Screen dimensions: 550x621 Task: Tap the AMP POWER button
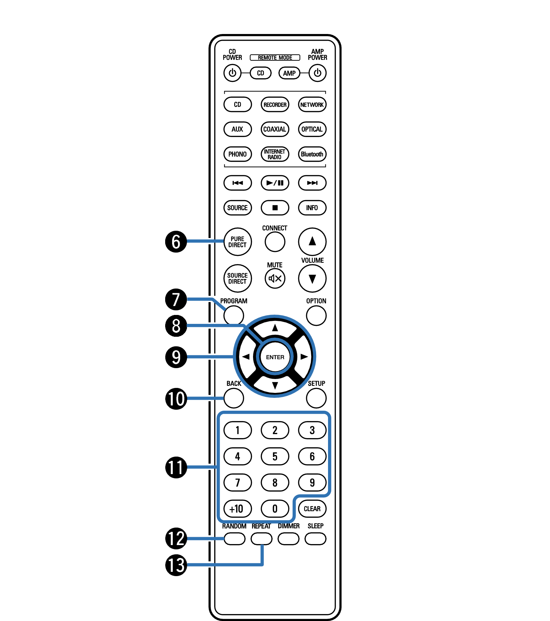coord(317,73)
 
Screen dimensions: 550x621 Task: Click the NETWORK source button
coord(312,105)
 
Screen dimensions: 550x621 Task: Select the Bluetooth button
coord(312,154)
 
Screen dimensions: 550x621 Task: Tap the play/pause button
coord(275,183)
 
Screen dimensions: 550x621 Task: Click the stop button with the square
coord(275,208)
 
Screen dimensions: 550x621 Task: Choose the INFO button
coord(312,208)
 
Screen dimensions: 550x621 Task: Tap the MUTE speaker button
coord(275,278)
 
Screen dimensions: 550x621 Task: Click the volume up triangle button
coord(312,242)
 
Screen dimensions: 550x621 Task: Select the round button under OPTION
coord(316,316)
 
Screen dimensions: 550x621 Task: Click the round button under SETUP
coord(316,398)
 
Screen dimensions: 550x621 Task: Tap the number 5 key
coord(275,457)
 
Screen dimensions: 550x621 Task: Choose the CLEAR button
coord(312,509)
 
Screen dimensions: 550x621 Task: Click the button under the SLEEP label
coord(315,539)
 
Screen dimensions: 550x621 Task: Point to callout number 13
coord(176,565)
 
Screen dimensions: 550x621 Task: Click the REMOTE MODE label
coord(275,57)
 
